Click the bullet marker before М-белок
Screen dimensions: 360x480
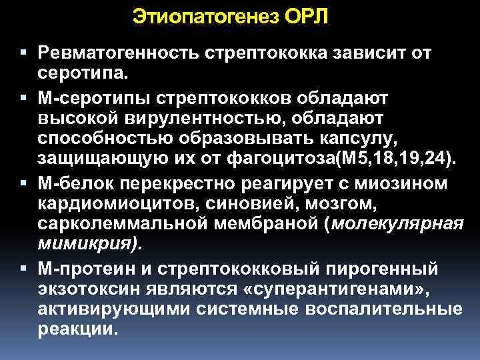point(24,183)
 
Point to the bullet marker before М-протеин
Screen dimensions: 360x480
point(24,269)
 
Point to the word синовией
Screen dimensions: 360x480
point(243,205)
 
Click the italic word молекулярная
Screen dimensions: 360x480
point(395,226)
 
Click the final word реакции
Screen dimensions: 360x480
point(77,332)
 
